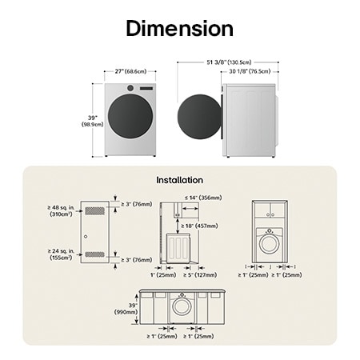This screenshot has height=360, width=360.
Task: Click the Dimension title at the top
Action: pos(179,29)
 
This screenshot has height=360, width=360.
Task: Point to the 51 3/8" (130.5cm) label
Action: pos(227,61)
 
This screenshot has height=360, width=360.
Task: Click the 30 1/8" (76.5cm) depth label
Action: pos(250,70)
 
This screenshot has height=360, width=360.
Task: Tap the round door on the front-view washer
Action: pos(130,118)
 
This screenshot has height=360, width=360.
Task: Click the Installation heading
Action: pos(179,180)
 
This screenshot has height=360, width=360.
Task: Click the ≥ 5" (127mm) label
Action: pos(199,274)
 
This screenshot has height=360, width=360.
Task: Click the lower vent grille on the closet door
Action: pos(94,254)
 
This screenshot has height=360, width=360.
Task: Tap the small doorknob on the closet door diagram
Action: pos(85,237)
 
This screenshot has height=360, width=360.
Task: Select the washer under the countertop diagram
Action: pos(182,306)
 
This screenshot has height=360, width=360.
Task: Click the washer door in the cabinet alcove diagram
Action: pos(270,241)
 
